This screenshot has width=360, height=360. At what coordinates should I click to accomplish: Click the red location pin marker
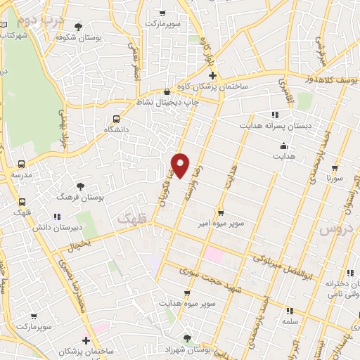pyautogui.click(x=181, y=165)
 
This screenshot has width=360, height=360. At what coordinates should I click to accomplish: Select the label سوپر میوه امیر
pyautogui.click(x=221, y=223)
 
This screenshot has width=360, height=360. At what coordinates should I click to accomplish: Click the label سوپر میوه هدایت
pyautogui.click(x=188, y=304)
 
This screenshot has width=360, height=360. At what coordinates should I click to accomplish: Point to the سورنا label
pyautogui.click(x=333, y=179)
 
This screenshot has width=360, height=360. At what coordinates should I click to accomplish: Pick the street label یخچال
pyautogui.click(x=79, y=245)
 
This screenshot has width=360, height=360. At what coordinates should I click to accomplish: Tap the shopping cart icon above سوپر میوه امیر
pyautogui.click(x=221, y=212)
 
